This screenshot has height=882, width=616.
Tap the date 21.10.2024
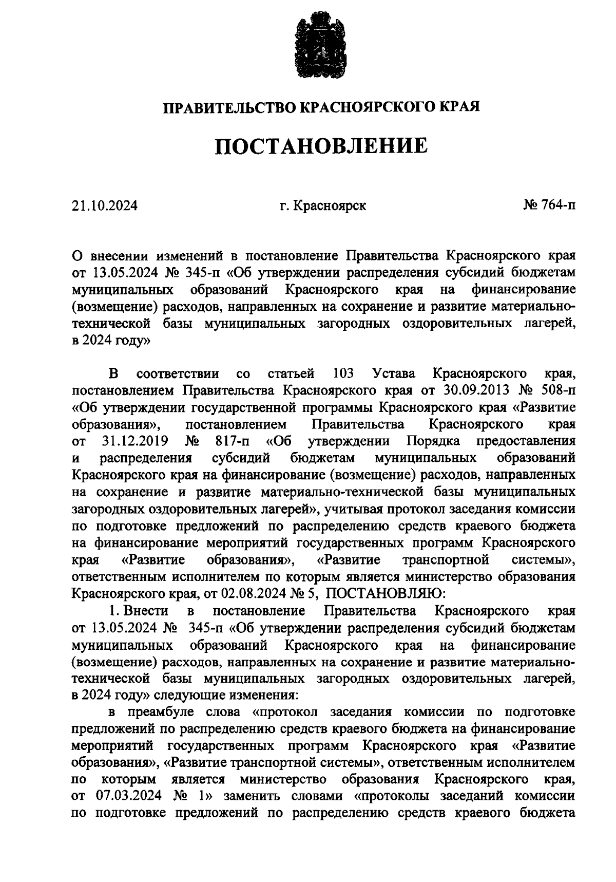(x=105, y=206)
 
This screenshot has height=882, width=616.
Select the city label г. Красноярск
(x=323, y=206)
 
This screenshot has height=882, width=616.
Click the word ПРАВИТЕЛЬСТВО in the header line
(x=229, y=107)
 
